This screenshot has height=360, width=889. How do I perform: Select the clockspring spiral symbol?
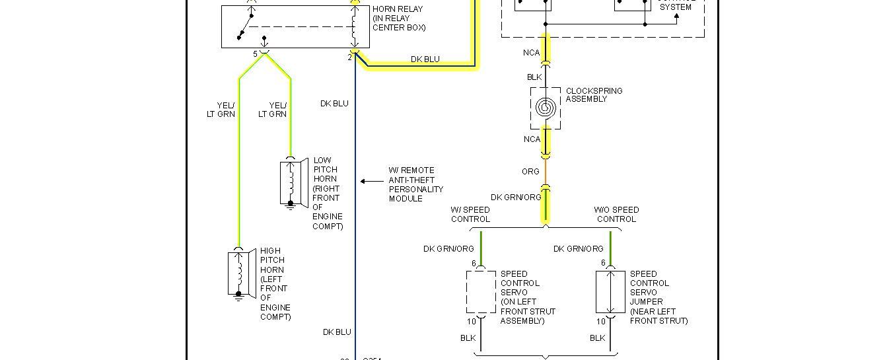pyautogui.click(x=546, y=107)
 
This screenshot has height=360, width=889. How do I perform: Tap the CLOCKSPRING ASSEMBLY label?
pyautogui.click(x=594, y=95)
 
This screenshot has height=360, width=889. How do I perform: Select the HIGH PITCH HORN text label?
pyautogui.click(x=275, y=283)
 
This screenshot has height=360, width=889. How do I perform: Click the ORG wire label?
pyautogui.click(x=530, y=172)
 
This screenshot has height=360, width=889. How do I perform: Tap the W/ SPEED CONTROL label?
pyautogui.click(x=470, y=215)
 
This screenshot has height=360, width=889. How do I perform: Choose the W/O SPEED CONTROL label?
pyautogui.click(x=616, y=215)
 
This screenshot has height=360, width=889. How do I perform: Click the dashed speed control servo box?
pyautogui.click(x=480, y=291)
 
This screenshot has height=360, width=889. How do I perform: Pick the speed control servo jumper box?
pyautogui.click(x=610, y=291)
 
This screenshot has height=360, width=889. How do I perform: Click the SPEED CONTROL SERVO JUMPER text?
pyautogui.click(x=658, y=297)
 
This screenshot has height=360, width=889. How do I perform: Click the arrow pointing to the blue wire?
pyautogui.click(x=371, y=181)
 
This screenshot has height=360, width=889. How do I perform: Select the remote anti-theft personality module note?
pyautogui.click(x=416, y=184)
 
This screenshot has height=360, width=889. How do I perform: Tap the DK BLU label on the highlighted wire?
pyautogui.click(x=425, y=59)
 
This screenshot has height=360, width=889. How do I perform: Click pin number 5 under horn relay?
pyautogui.click(x=255, y=54)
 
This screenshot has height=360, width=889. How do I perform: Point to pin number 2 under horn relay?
pyautogui.click(x=350, y=57)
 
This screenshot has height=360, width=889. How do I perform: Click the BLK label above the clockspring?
pyautogui.click(x=534, y=77)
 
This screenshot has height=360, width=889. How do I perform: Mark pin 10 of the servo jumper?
pyautogui.click(x=600, y=322)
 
